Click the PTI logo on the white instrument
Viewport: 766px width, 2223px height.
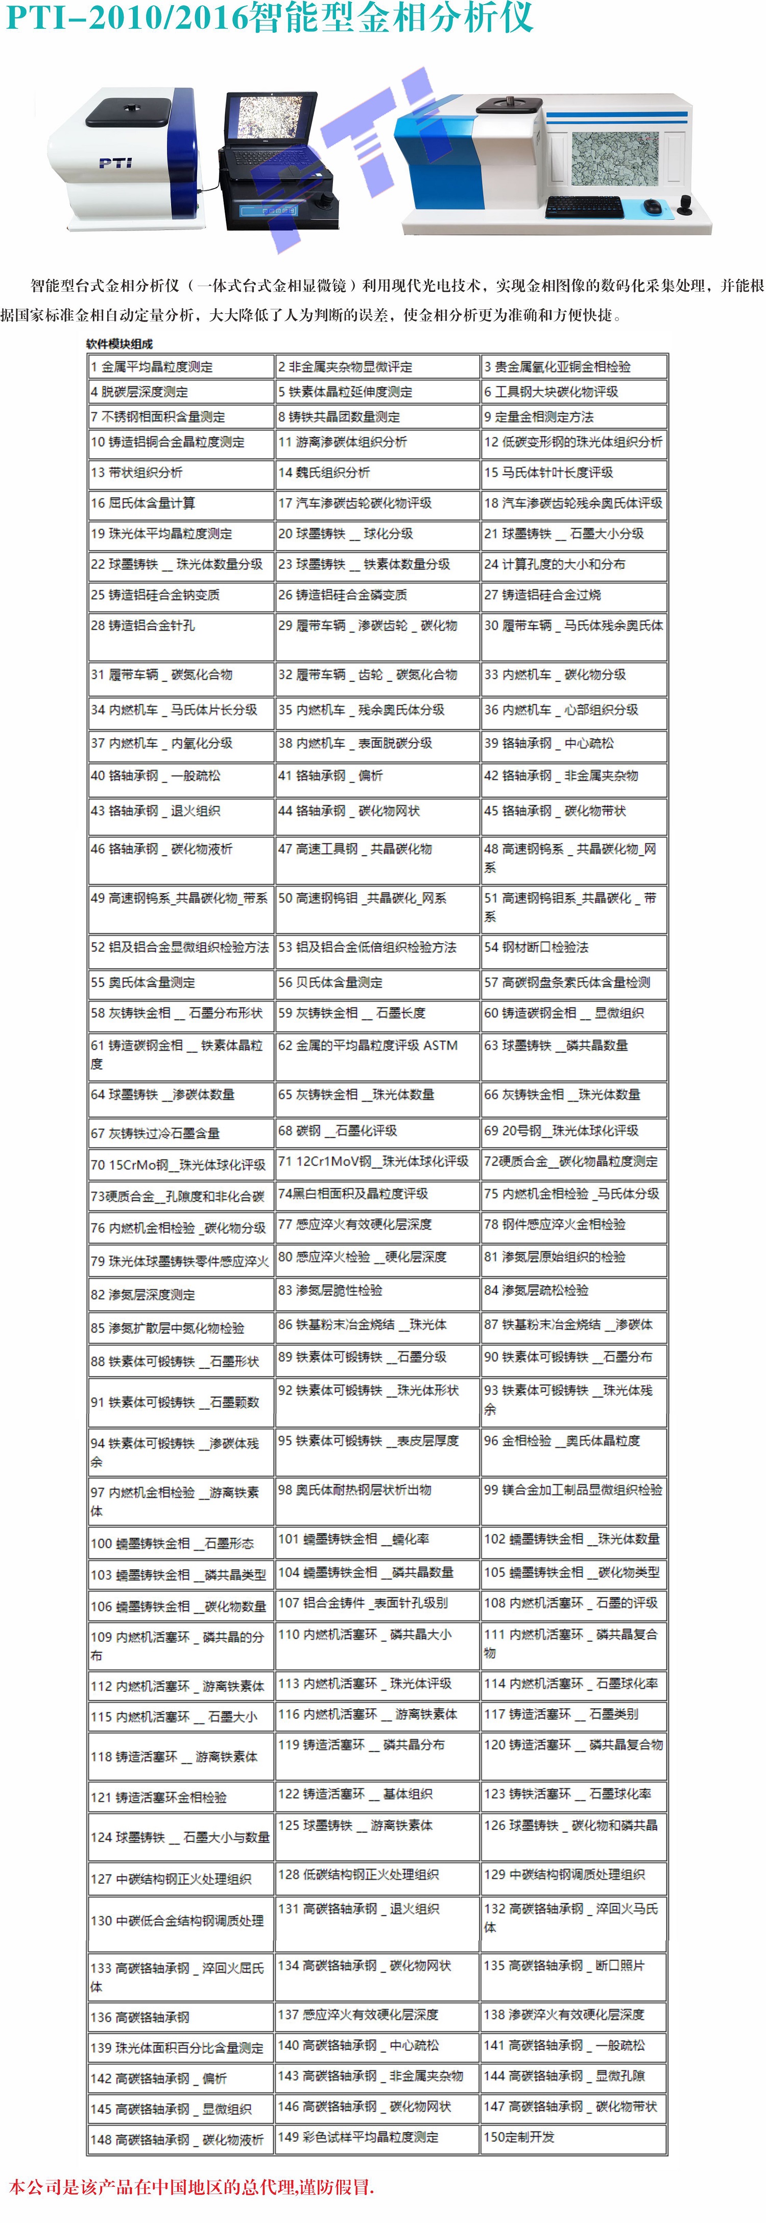115,162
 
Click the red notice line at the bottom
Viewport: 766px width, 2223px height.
192,2187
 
